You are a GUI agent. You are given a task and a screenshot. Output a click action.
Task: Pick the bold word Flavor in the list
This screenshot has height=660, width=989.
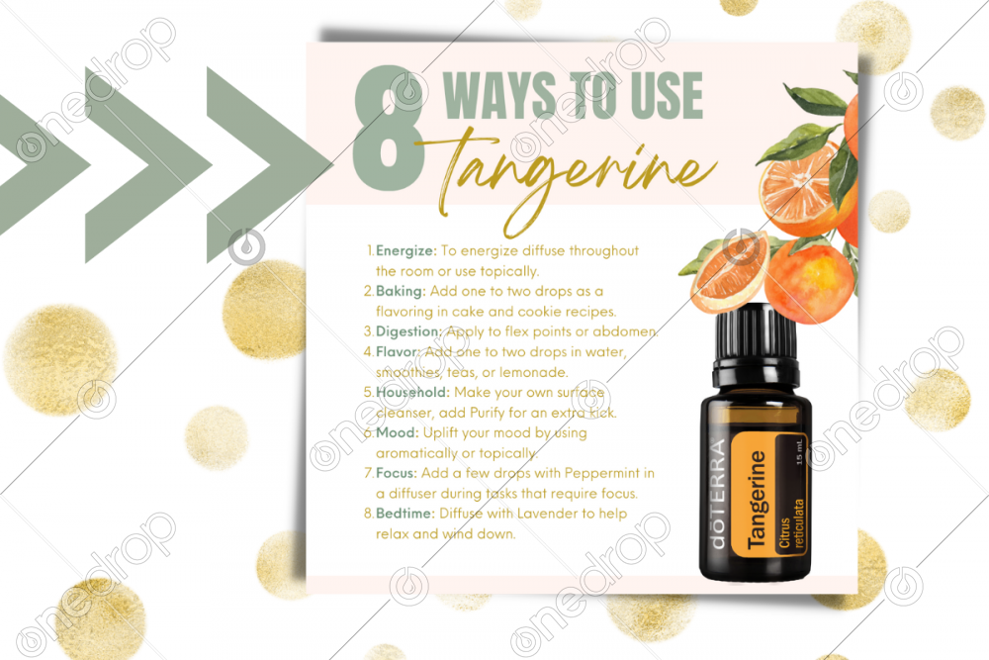click(399, 351)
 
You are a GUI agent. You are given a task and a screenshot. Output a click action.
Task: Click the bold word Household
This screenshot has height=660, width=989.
click(412, 392)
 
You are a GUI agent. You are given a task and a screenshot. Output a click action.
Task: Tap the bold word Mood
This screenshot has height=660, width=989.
click(397, 432)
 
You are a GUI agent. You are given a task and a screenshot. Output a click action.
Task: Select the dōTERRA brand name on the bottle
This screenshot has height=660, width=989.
click(720, 506)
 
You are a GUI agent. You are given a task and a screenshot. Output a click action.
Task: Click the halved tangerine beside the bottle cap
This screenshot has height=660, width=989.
click(727, 273)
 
